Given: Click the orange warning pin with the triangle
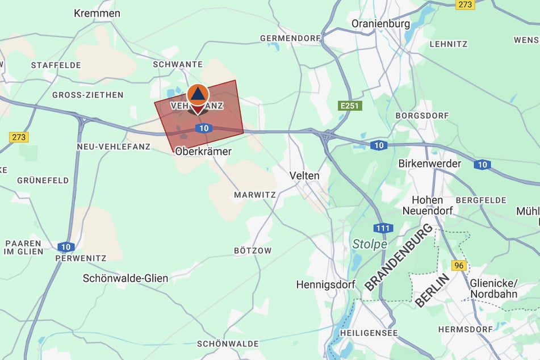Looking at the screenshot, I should (197, 95).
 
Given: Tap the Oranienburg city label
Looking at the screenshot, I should (380, 24).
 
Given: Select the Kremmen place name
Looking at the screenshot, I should (97, 13).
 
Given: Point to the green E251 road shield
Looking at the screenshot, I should (350, 106).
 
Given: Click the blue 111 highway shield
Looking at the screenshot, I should (383, 228).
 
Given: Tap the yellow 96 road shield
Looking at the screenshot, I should (459, 265).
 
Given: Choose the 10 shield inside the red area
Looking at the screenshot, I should (203, 128).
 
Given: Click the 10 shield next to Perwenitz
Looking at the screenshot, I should (66, 246).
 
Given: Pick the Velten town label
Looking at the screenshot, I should (304, 175).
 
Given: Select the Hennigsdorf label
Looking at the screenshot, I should (325, 284).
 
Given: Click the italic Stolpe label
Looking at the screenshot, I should (370, 244).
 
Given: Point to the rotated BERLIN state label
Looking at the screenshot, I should (432, 290).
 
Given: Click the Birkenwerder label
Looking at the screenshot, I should (430, 164).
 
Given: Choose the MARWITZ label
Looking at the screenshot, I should (255, 195).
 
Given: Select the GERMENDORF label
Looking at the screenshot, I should (287, 38).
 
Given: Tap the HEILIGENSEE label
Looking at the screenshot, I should (369, 332).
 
